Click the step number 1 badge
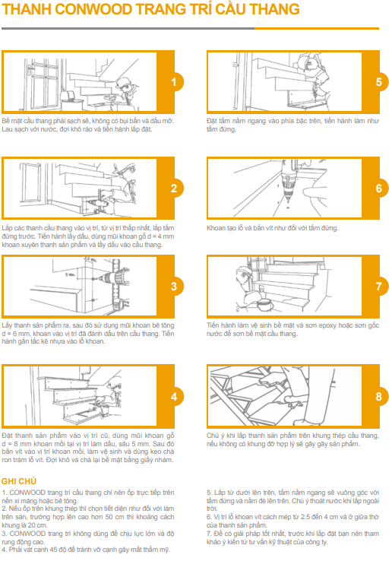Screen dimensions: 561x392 174,82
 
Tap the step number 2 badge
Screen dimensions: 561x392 174,188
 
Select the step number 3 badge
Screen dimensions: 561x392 174,287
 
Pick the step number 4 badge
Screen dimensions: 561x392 174,396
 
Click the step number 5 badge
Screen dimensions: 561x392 378,82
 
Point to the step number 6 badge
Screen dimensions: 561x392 378,188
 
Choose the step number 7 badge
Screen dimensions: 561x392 378,287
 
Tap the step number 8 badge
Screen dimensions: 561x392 378,396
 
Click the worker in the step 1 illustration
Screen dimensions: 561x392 128,82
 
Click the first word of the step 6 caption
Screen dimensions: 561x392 217,227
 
